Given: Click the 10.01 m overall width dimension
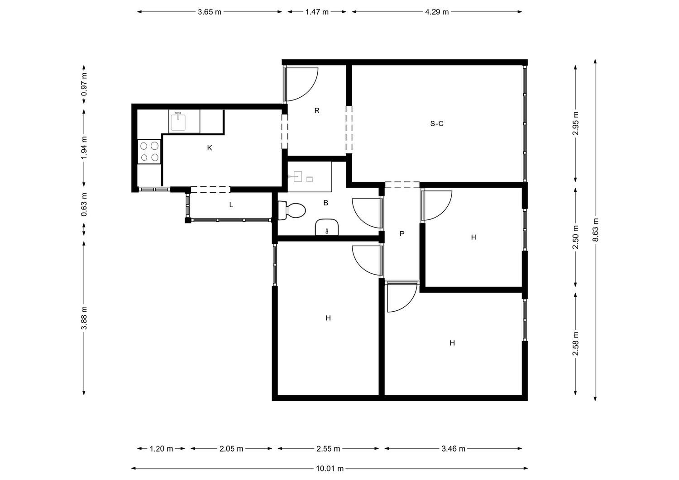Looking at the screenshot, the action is (x=330, y=469).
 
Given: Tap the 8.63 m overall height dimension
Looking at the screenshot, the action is (x=596, y=230).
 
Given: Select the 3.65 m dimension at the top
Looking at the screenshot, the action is (x=210, y=12).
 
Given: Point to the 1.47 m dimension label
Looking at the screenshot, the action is (x=317, y=12).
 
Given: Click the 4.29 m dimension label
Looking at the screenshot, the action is (x=437, y=12).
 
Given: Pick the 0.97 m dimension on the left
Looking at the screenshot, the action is (x=84, y=85).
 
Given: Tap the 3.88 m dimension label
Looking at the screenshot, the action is (x=84, y=318).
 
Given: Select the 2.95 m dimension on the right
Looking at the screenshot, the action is (x=576, y=124).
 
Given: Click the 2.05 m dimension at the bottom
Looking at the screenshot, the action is (x=231, y=449).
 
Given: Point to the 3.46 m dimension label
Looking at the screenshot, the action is (x=453, y=449).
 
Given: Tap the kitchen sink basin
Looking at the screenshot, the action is (x=178, y=122).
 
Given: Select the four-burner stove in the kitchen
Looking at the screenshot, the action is (x=149, y=152).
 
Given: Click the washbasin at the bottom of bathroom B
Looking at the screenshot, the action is (x=327, y=227).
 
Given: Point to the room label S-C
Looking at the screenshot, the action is (x=437, y=124).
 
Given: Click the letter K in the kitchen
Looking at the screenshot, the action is (x=210, y=148).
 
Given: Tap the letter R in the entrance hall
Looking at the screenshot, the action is (x=317, y=110).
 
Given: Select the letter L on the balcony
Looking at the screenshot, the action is (x=231, y=205).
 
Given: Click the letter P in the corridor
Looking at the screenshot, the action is (x=402, y=233).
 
